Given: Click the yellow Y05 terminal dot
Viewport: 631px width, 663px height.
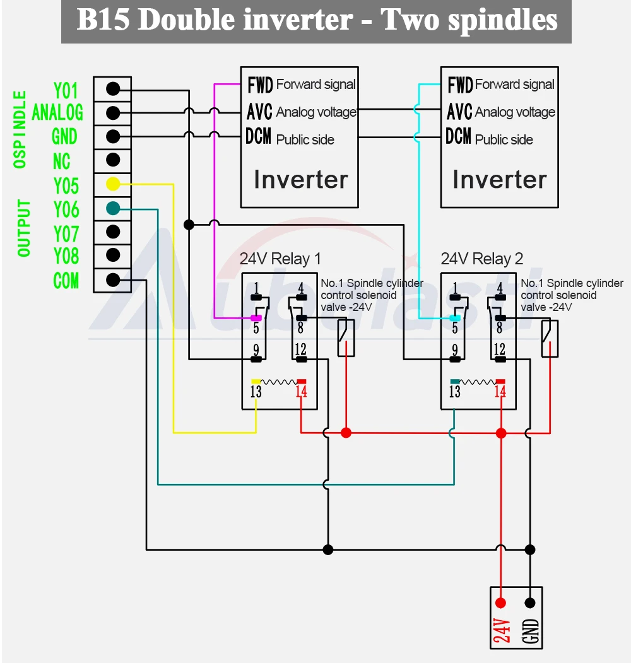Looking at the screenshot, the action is (113, 184).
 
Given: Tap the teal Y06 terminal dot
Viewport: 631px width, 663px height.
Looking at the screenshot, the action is (113, 208).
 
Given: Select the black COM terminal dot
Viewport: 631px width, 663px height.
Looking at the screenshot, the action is (113, 280).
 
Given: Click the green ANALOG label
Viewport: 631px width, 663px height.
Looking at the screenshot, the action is (57, 112).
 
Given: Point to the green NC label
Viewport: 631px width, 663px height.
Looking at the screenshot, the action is (61, 161).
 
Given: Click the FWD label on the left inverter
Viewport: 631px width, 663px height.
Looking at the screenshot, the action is (260, 85).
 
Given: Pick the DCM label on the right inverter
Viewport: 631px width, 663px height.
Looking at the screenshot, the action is (459, 137).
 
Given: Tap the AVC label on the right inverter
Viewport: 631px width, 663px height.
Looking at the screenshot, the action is (460, 112).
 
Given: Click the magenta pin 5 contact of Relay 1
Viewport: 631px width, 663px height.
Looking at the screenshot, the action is (256, 318).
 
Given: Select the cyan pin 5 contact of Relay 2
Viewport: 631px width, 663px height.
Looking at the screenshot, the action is (455, 318).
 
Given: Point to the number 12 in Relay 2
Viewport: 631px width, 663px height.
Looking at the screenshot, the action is (500, 349).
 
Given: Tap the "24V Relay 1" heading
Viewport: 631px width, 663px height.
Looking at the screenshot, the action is (280, 259).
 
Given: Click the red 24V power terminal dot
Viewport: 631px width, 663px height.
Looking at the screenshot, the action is (501, 603).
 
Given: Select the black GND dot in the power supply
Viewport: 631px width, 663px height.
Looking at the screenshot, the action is (530, 603).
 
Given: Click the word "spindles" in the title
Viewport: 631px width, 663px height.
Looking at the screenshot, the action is (503, 20).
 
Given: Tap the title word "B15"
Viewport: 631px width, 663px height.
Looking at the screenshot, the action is (103, 20).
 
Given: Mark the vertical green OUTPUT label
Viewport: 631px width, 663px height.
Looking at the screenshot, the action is (24, 228).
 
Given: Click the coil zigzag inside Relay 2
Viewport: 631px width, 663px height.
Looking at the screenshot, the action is (477, 382).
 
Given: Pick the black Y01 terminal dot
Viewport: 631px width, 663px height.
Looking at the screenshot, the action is (113, 89).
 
